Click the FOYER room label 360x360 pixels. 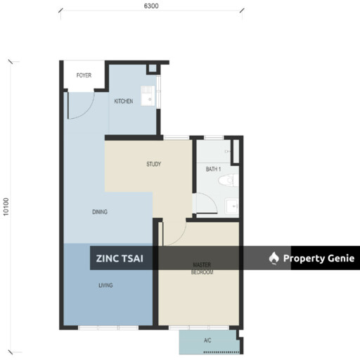[x=84, y=75]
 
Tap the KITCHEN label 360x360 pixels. [x=124, y=101]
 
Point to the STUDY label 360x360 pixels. [x=154, y=164]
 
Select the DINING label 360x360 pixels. [x=100, y=212]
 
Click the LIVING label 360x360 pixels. [x=105, y=285]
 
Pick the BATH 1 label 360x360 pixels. [x=213, y=169]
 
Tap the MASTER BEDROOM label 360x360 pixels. [x=202, y=269]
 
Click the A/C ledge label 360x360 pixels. [x=207, y=340]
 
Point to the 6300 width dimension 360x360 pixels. [x=151, y=6]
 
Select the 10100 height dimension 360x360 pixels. [x=6, y=207]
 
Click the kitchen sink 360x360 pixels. [x=148, y=96]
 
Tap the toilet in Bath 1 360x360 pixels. [x=229, y=180]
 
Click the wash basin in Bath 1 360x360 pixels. [x=232, y=206]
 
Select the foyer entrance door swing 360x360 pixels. [x=81, y=105]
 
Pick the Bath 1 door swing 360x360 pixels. [x=205, y=203]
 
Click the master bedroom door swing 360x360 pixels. [x=173, y=233]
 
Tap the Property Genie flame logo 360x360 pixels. [x=274, y=258]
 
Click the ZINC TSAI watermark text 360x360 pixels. [x=120, y=259]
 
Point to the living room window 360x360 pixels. [x=108, y=328]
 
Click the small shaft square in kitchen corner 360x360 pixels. [x=153, y=68]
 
